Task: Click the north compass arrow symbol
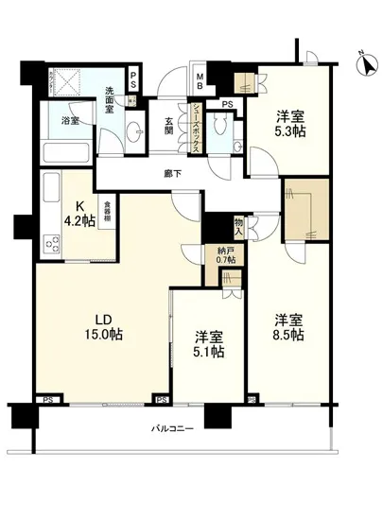click(365, 65)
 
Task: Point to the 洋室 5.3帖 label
click(290, 125)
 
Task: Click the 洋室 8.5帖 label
click(285, 327)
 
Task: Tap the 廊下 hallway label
click(170, 174)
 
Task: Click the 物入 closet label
click(239, 225)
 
